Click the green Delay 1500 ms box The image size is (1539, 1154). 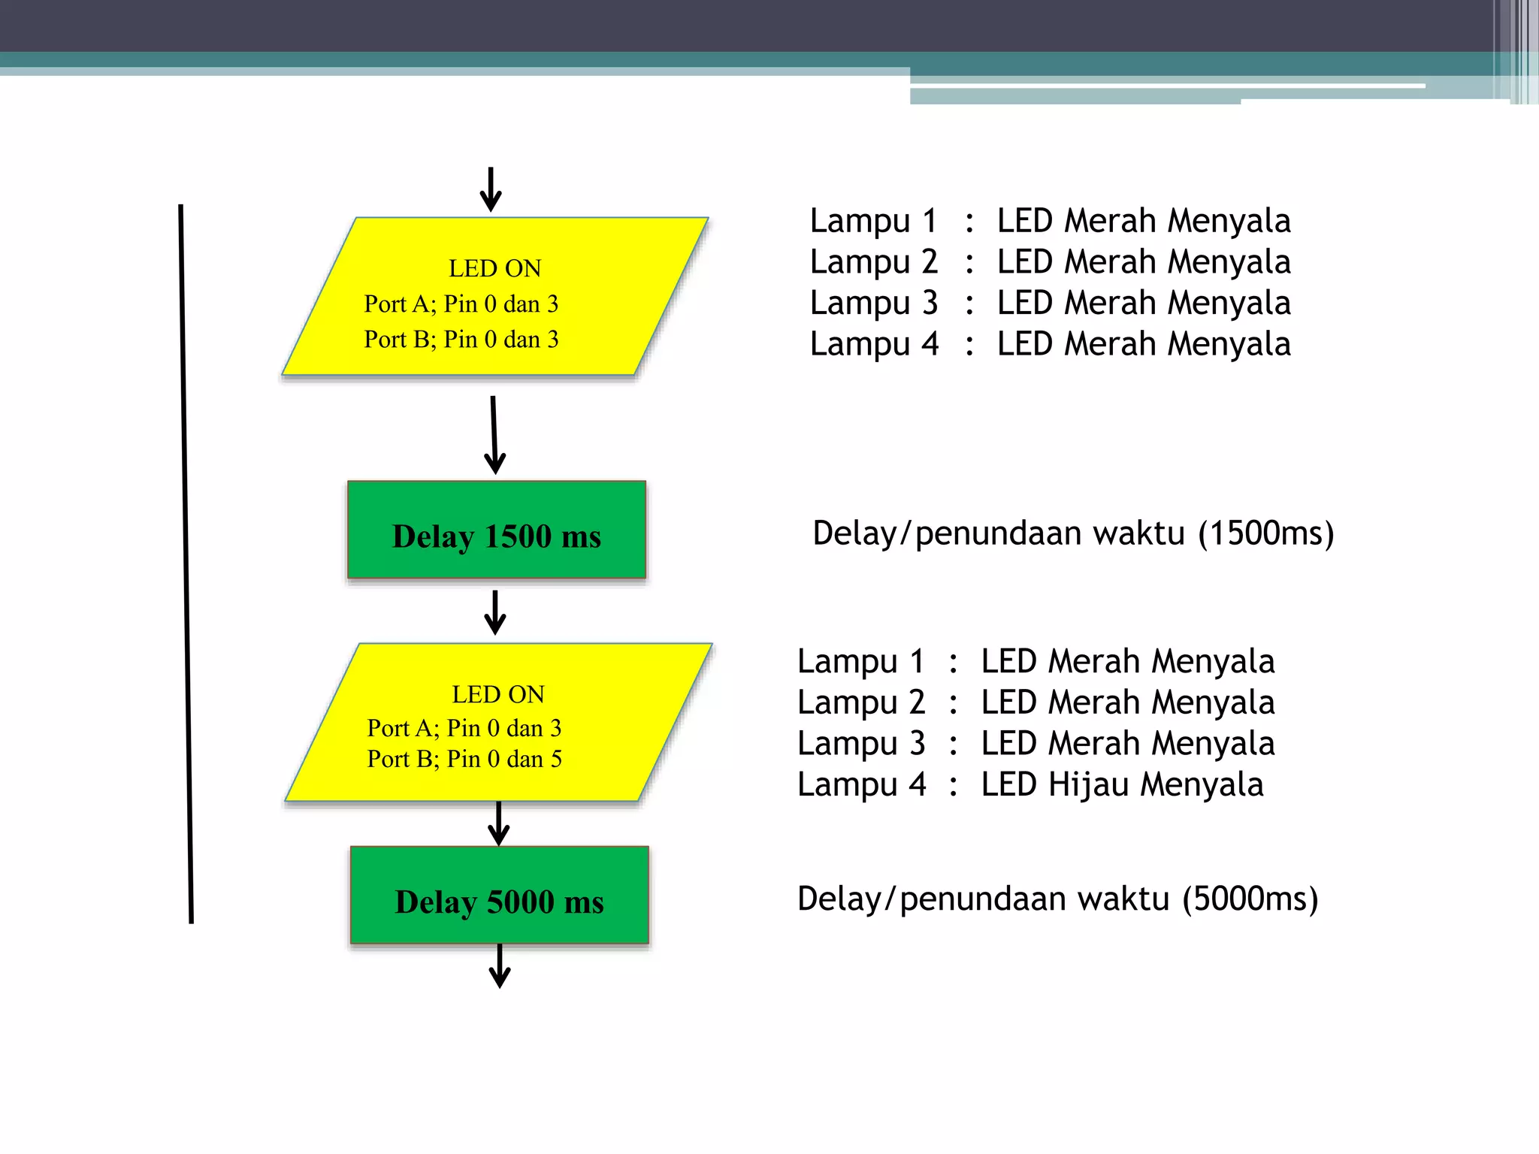[x=496, y=530]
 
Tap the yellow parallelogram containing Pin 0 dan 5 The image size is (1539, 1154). [x=498, y=723]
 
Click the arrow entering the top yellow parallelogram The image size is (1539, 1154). [x=491, y=189]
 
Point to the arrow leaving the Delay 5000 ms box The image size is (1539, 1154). [x=500, y=966]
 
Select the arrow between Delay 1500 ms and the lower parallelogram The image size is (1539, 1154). [x=494, y=612]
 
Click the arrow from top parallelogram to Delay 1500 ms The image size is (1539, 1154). [x=494, y=436]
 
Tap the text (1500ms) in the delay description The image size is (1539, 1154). [x=1265, y=533]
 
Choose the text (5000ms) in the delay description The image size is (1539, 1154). [x=1250, y=899]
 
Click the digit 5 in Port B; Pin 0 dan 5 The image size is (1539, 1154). [x=556, y=759]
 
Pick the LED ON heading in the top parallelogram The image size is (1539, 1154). [x=494, y=268]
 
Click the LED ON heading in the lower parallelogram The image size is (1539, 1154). [x=497, y=694]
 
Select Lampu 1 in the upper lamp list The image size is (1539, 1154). [x=873, y=221]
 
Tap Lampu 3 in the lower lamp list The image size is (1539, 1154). [x=861, y=744]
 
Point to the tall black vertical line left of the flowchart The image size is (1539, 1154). [x=186, y=563]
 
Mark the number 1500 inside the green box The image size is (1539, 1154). [x=518, y=536]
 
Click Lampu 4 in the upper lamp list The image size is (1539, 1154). [x=873, y=344]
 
